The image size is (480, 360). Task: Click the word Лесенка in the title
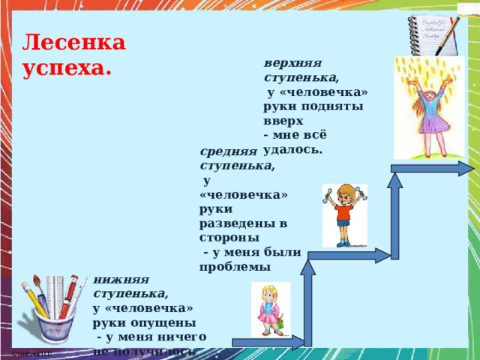74,43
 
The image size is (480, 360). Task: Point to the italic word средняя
228,151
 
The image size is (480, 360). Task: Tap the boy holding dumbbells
344,214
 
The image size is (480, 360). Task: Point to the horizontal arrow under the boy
348,254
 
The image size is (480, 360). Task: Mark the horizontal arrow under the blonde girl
268,343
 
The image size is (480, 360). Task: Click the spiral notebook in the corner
430,34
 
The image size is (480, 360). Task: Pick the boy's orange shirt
344,208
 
